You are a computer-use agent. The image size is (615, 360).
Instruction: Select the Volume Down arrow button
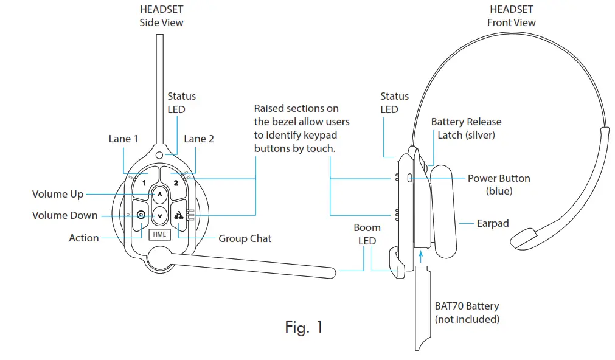(159, 214)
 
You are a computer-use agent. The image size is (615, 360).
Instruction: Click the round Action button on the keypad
(141, 215)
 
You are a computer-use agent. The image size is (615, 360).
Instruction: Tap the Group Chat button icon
(179, 215)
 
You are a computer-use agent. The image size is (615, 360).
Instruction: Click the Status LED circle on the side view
(159, 155)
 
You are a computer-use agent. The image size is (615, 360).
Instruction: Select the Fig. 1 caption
(304, 327)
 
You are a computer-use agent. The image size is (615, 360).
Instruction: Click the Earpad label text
(493, 223)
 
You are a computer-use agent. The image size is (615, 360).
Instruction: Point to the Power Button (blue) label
(499, 184)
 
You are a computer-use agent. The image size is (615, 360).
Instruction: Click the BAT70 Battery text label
(467, 306)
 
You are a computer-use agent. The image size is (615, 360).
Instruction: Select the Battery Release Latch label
(466, 128)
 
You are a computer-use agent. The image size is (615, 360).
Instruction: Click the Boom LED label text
(367, 234)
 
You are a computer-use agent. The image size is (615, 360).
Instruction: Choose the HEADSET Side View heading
(161, 16)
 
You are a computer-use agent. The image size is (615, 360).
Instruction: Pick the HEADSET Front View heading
(511, 16)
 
